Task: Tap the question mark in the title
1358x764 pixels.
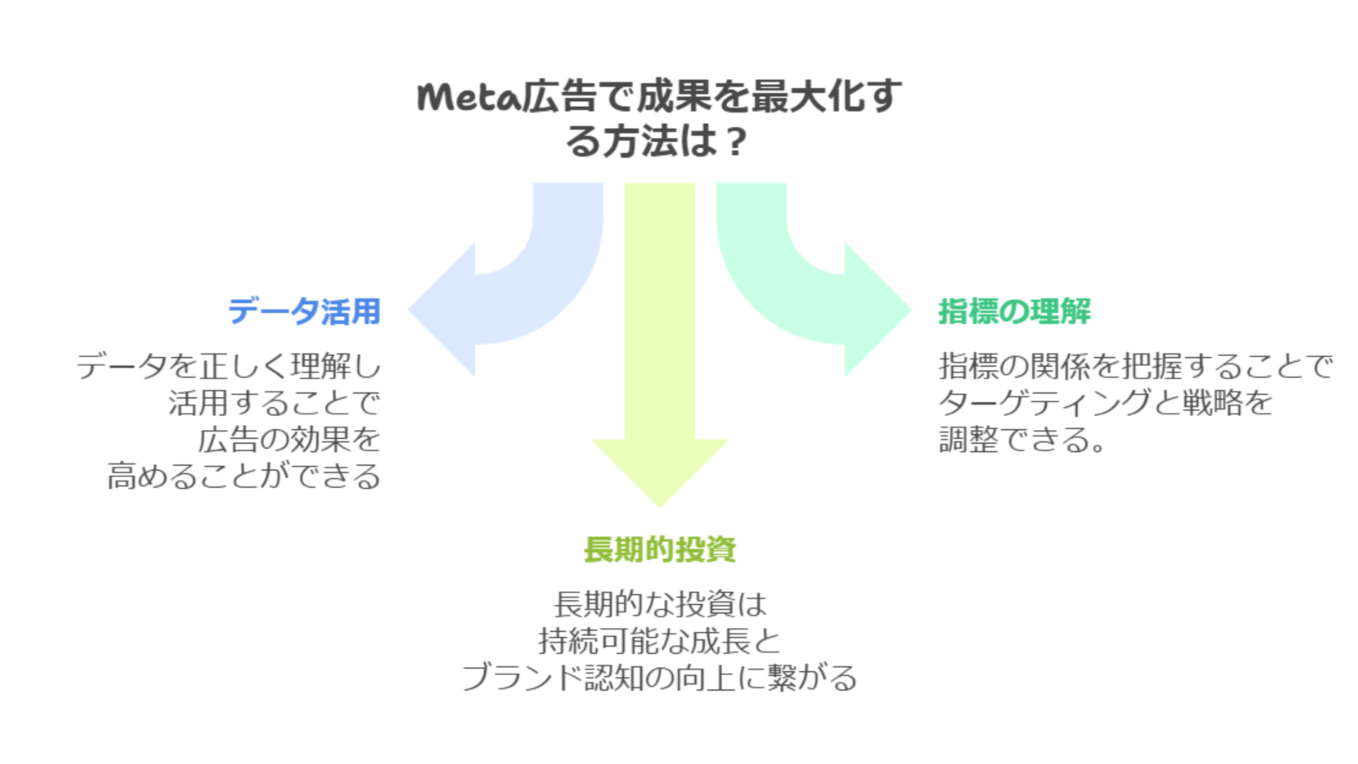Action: [x=736, y=141]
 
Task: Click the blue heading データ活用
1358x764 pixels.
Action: [x=304, y=311]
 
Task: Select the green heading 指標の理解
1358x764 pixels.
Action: [x=1014, y=311]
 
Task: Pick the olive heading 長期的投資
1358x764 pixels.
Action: [x=659, y=550]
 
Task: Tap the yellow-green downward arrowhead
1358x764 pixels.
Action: [x=659, y=474]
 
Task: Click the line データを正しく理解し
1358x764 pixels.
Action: [x=228, y=366]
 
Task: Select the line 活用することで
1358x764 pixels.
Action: [x=274, y=403]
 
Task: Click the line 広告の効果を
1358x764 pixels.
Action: [x=289, y=440]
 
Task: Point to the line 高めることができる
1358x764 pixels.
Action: [x=244, y=476]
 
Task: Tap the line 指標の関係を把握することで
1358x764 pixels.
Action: [x=1135, y=366]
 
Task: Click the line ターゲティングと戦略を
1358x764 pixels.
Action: [x=1105, y=403]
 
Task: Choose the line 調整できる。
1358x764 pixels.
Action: [x=1022, y=440]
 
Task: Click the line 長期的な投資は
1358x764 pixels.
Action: [x=659, y=604]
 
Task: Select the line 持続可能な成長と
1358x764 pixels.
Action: [x=659, y=641]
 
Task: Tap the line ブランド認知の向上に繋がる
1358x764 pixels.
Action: [x=659, y=678]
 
